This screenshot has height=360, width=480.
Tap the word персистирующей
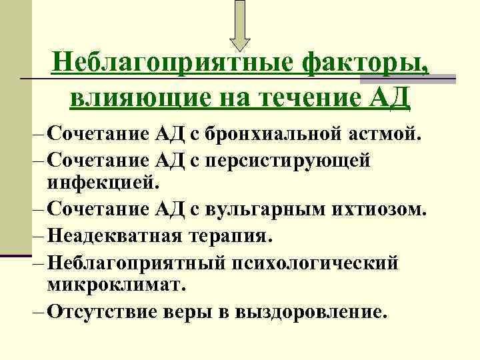[x=305, y=161]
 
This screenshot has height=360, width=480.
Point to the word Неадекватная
[x=119, y=236]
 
